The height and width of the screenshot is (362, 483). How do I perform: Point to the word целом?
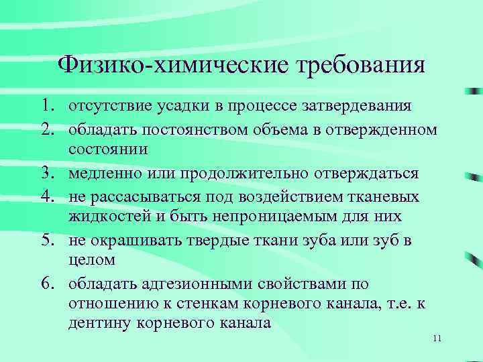(91, 260)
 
